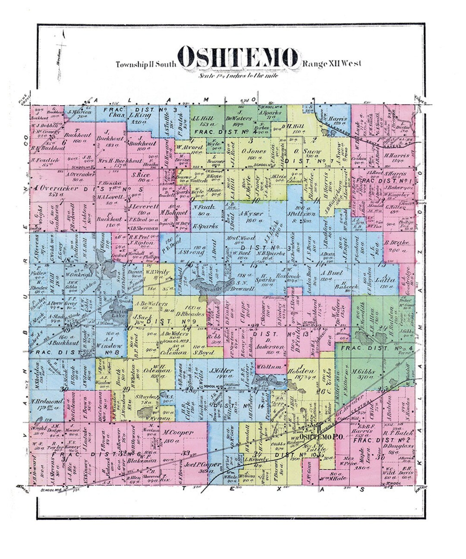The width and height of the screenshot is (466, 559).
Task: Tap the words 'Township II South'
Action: (146, 65)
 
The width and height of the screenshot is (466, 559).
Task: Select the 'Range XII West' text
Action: (331, 64)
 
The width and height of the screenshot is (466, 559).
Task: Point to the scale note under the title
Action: (238, 76)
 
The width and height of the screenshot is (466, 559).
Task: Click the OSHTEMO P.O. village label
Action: (321, 437)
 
